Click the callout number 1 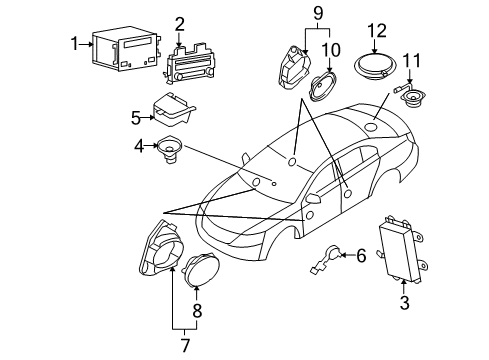[x=73, y=42]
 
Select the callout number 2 [x=180, y=23]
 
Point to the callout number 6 [x=360, y=256]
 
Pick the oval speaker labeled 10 [x=326, y=86]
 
